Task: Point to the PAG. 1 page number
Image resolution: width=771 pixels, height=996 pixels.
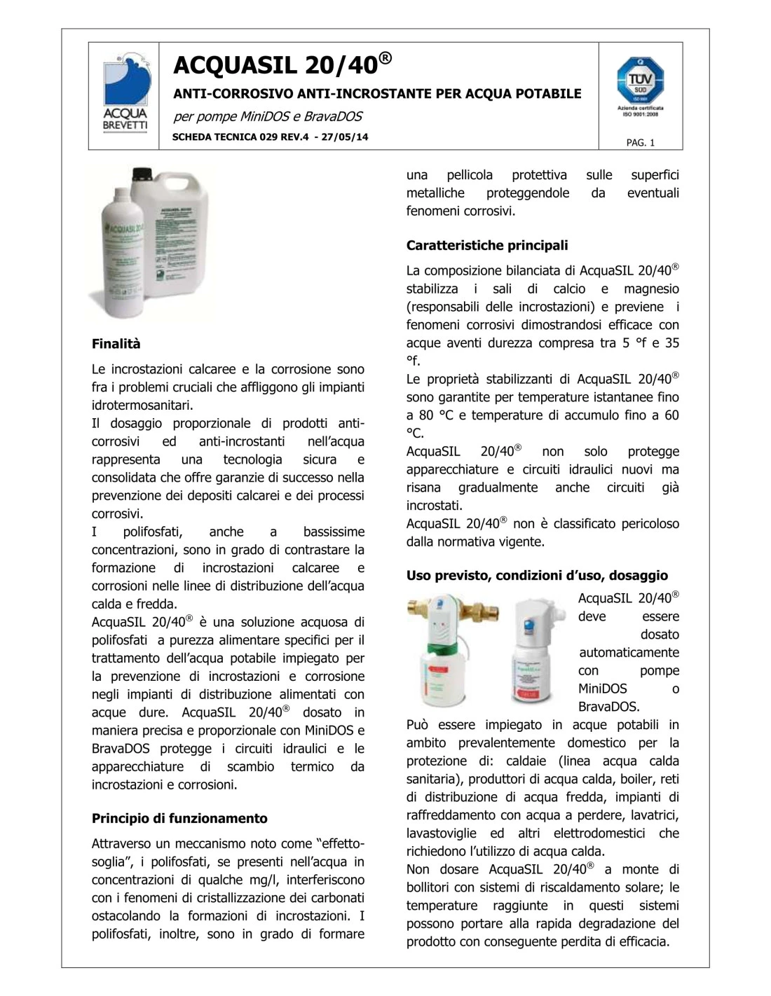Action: pos(640,143)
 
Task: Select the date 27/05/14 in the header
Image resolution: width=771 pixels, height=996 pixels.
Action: pos(344,137)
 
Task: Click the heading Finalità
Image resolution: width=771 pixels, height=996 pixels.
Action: pos(116,344)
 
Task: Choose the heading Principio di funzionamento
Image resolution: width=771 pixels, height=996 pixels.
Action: pos(179,818)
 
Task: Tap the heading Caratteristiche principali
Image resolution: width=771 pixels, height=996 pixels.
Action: pos(487,245)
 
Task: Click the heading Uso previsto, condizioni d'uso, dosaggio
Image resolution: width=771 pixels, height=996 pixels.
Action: pos(537,576)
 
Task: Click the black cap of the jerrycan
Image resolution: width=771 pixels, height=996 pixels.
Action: pos(143,173)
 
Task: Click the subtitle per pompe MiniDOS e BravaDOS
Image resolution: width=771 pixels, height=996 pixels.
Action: pos(267,116)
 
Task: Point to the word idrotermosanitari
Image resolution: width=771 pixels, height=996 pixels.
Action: pos(142,405)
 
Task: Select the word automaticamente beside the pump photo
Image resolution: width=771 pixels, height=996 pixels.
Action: pos(629,653)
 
